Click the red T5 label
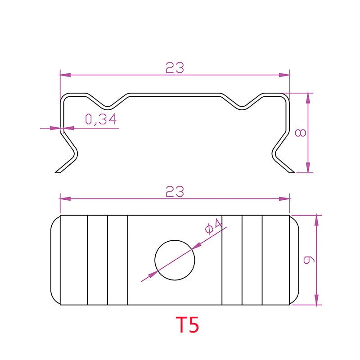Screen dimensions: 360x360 pos(187,324)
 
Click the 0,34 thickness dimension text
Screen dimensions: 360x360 pos(101,119)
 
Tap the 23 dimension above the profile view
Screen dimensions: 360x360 pos(175,68)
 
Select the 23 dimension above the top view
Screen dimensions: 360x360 pos(175,192)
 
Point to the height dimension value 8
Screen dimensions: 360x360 pos(301,133)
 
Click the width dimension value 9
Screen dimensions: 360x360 pos(309,260)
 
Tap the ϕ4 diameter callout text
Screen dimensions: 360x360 pos(213,227)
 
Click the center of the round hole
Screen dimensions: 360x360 pos(175,260)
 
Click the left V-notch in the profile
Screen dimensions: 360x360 pos(108,107)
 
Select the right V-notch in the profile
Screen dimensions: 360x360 pos(242,107)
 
